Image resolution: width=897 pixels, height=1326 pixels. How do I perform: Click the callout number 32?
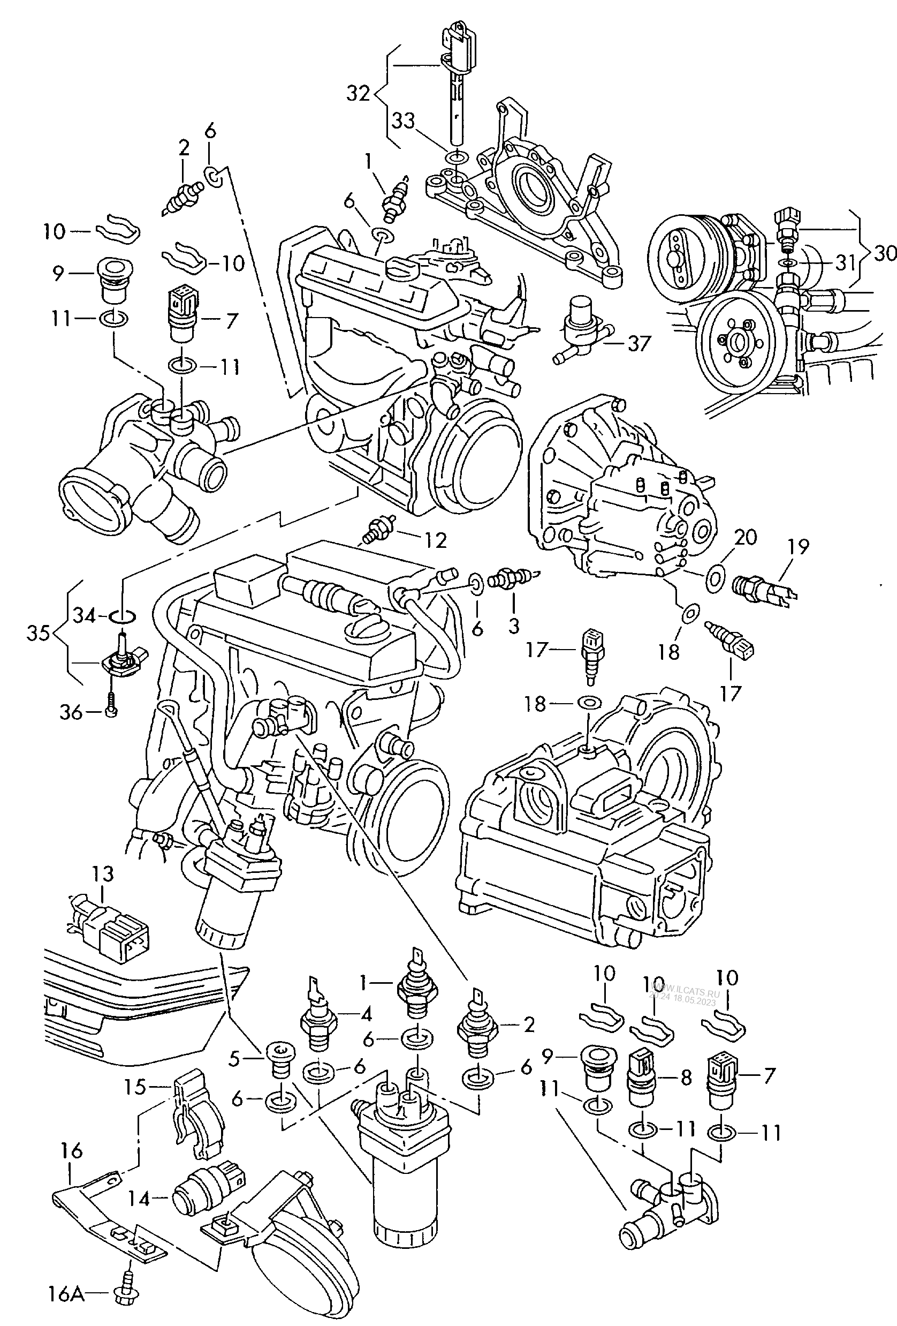pos(358,93)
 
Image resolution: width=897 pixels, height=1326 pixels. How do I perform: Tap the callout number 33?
pos(403,122)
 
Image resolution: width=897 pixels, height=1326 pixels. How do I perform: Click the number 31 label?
pos(845,263)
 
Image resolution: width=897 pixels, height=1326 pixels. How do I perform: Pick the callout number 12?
pos(435,540)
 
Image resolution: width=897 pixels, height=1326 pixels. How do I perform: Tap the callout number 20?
pos(746,538)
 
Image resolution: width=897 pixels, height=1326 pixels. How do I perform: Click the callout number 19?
pos(799,547)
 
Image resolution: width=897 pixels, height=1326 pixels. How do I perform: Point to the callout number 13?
pos(103,873)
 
